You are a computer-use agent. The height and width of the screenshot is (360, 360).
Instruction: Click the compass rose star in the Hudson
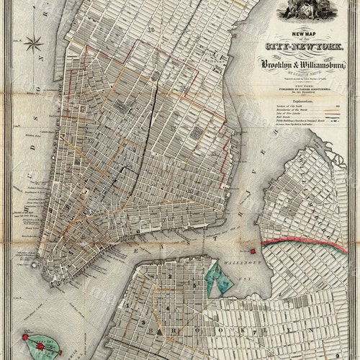click(33, 43)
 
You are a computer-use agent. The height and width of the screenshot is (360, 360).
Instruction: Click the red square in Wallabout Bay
click(253, 251)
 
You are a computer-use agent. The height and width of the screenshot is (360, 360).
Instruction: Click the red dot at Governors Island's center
click(35, 344)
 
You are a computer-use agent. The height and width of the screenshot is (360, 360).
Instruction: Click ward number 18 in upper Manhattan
click(151, 29)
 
